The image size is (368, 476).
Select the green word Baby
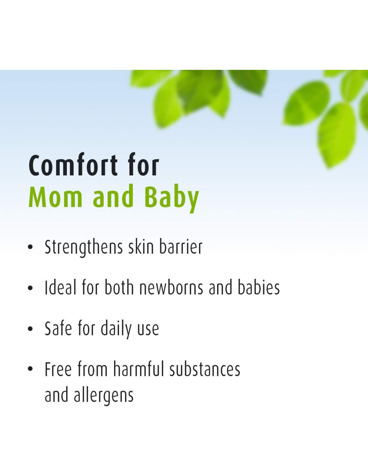pos(172,199)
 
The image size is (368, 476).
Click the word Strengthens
pos(84,247)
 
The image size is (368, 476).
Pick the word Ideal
pos(61,287)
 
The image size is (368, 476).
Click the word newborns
pos(171,287)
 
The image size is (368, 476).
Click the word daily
pos(116,329)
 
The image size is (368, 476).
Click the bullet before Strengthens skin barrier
pos(30,247)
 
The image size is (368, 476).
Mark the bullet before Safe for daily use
pos(30,329)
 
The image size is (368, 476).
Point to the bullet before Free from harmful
pos(30,370)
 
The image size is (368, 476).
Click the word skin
pos(141,247)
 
